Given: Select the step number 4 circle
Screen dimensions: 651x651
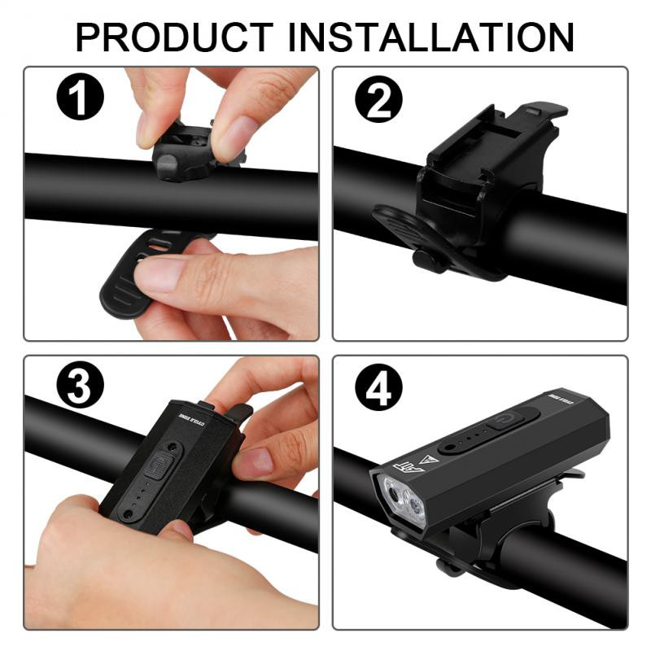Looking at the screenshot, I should click(378, 391).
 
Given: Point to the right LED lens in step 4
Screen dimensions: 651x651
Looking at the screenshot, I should click(417, 509).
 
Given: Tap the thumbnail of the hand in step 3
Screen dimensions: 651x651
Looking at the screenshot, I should click(254, 463).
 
